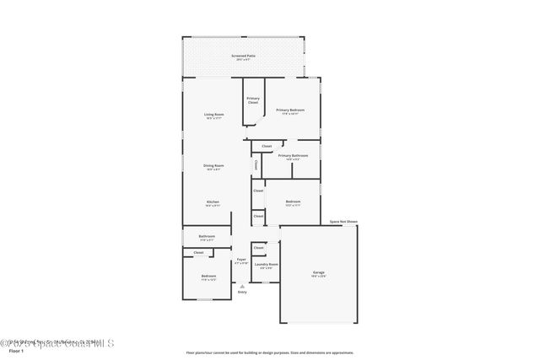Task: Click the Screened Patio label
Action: pos(245,56)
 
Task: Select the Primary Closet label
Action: pos(253,100)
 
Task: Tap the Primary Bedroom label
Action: pos(290,110)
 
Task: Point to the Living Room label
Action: pos(213,115)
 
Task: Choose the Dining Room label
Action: pos(213,166)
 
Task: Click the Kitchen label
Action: pos(213,202)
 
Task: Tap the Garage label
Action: pos(319,273)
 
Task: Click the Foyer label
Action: pos(241,261)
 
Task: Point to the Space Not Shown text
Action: pos(343,222)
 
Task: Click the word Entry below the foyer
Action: pos(242,292)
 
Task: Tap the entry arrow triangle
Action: pos(242,286)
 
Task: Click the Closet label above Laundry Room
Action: pos(258,248)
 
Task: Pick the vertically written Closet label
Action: pos(256,165)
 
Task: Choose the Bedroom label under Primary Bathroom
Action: pos(293,202)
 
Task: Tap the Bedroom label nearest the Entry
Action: pos(208,277)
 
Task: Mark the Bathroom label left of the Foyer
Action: pos(207,237)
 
